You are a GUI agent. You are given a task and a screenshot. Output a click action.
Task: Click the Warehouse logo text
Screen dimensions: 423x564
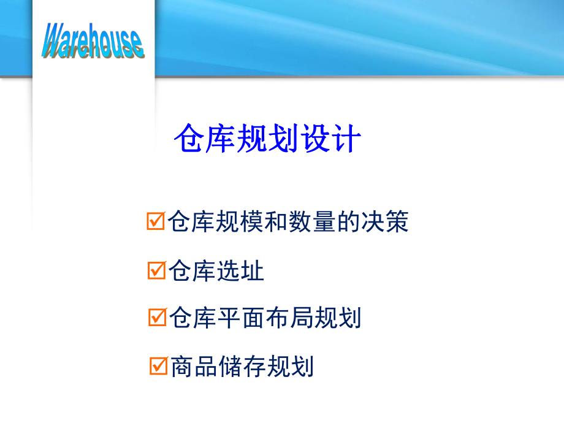click(93, 41)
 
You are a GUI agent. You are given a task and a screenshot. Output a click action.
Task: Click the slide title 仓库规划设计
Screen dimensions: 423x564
click(267, 140)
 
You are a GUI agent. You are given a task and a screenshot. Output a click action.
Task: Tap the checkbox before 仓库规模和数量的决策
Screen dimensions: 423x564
click(156, 221)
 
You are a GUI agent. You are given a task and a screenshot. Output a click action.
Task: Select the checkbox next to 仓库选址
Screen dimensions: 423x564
click(156, 270)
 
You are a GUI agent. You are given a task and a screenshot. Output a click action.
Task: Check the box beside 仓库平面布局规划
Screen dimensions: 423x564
click(157, 318)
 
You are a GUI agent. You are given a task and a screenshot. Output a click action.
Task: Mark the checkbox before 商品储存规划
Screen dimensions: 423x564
click(158, 367)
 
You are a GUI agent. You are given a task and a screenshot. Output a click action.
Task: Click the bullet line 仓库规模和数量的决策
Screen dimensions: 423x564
click(288, 222)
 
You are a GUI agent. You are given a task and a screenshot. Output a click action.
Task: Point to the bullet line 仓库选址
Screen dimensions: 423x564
click(216, 270)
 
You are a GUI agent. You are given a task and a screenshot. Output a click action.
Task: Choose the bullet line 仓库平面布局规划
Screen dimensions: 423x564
click(265, 318)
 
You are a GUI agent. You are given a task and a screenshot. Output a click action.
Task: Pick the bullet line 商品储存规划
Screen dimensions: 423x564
click(242, 367)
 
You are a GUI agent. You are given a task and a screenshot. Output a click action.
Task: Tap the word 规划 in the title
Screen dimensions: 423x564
click(267, 140)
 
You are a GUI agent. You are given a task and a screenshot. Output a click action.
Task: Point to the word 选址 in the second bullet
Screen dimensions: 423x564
click(240, 270)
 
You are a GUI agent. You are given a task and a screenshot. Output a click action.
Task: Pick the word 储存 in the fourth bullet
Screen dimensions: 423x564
click(242, 367)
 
